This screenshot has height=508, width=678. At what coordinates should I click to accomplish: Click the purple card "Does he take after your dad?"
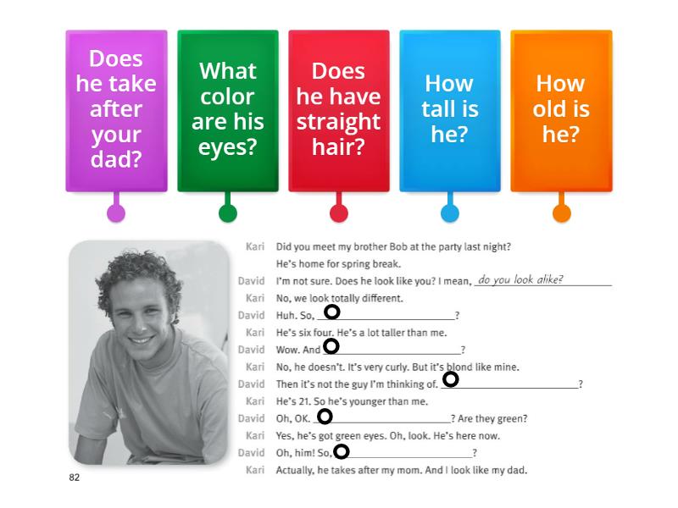point(116,110)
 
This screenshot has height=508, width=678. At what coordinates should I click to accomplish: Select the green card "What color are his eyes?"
point(227,110)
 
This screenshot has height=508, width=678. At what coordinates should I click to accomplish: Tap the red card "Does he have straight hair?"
point(338,110)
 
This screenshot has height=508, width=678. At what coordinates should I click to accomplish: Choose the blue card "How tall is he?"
point(450,110)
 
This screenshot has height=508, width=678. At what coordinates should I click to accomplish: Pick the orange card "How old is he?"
point(560,110)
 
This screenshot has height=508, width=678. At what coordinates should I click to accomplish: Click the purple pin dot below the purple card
point(116,213)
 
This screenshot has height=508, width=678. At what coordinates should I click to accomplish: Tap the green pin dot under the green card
point(227,213)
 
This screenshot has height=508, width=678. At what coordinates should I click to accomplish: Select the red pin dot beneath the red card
point(338,213)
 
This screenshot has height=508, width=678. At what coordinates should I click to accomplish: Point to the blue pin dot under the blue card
point(450,213)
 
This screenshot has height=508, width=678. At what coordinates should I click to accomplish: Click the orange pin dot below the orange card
point(561,213)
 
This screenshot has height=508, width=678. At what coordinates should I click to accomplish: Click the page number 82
point(74,478)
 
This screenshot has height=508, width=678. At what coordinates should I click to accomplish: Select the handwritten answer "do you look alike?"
point(520,279)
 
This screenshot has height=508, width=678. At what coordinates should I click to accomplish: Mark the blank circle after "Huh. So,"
point(332,312)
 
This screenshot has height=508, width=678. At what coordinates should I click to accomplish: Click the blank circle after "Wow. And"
point(331,345)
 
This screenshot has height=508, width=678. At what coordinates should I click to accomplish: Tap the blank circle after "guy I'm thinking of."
point(451,379)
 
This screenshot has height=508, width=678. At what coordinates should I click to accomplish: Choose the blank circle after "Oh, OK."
point(325,416)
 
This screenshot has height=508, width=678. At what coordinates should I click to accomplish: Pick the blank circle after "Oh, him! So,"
point(342,451)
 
